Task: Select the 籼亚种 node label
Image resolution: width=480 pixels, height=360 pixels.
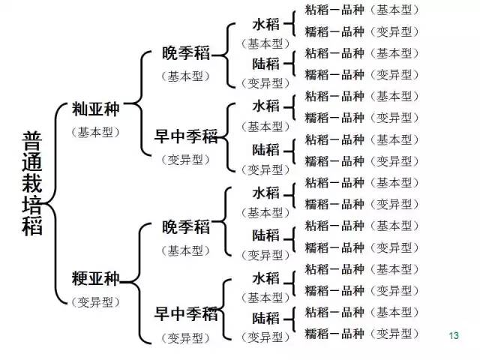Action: [x=95, y=109]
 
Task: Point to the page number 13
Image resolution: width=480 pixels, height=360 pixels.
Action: [x=452, y=334]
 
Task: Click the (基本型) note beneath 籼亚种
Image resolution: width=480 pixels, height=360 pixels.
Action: [x=95, y=130]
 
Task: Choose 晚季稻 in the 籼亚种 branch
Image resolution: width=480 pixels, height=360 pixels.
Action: [x=186, y=55]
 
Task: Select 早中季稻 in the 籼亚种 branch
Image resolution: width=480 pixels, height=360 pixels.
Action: [x=186, y=136]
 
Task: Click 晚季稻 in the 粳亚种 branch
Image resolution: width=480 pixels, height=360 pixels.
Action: [x=186, y=227]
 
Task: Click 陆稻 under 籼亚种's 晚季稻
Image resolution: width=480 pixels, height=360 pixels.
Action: [x=266, y=63]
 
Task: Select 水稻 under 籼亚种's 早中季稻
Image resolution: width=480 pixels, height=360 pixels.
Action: [x=266, y=106]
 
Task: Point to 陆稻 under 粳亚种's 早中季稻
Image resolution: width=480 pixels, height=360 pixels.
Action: [x=266, y=317]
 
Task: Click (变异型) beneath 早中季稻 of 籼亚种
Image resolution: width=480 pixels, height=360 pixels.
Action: [x=186, y=158]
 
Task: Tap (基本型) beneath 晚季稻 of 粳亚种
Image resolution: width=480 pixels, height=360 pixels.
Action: [x=186, y=249]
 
